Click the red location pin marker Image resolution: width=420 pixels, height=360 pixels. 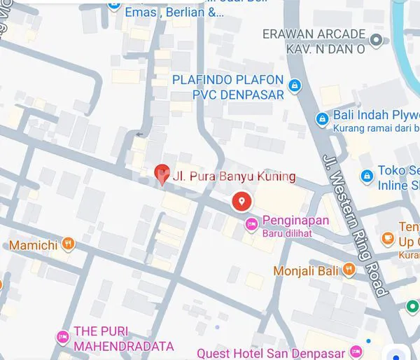241,201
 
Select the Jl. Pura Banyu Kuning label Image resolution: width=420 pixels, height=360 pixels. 234,176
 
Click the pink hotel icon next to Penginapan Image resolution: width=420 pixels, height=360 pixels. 251,224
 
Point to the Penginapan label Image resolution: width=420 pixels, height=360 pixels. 295,220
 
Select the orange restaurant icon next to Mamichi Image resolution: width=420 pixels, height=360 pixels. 67,244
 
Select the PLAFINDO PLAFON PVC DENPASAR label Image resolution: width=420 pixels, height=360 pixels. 228,87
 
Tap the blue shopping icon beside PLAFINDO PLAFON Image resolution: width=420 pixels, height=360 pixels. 295,86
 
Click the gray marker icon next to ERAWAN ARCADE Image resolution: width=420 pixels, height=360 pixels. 377,40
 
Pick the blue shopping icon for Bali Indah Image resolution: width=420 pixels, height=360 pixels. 321,118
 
